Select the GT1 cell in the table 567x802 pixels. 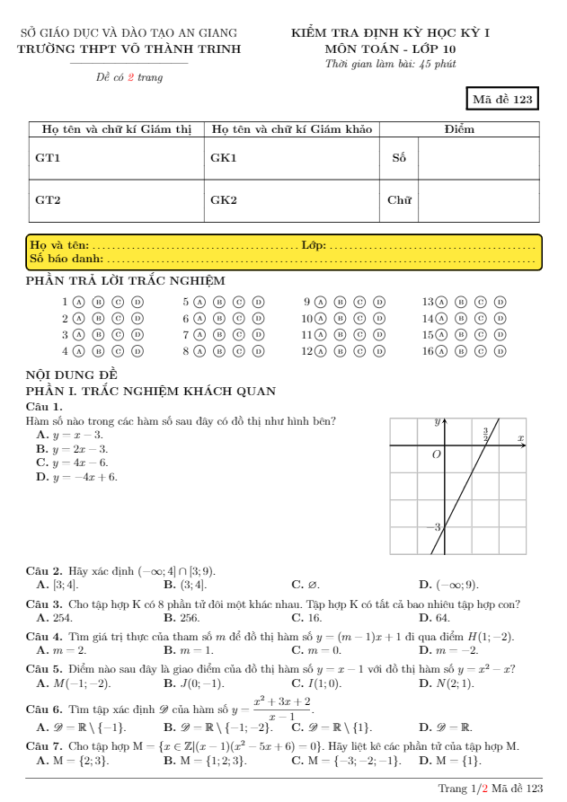[48, 158]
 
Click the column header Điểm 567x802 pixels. [460, 129]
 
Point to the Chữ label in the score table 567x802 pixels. [399, 200]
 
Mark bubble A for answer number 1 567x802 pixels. [79, 303]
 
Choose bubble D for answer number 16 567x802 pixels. [501, 351]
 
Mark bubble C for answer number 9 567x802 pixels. [359, 303]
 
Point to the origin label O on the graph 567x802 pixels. [437, 455]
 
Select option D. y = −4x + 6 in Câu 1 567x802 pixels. [77, 477]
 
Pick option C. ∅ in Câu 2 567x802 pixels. [306, 585]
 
